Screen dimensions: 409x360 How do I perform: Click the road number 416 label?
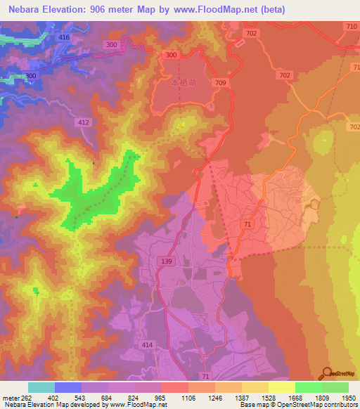click(65, 37)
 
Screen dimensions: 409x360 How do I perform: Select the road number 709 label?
click(221, 83)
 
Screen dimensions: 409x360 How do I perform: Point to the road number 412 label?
click(84, 122)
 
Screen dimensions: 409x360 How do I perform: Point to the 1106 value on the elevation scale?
click(188, 397)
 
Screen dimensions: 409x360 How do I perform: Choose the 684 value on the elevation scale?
click(108, 397)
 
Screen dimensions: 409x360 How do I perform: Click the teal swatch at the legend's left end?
click(41, 387)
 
